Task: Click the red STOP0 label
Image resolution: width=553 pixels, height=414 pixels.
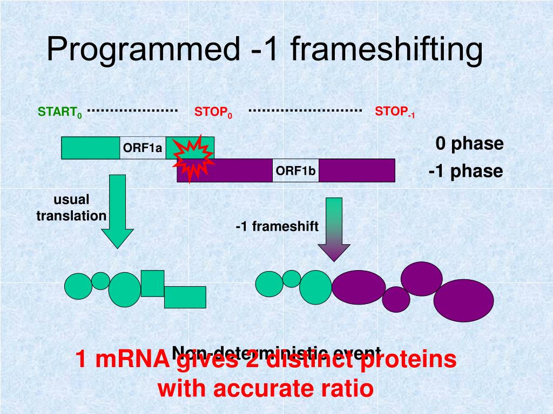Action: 213,113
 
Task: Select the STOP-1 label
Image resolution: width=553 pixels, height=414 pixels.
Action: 395,112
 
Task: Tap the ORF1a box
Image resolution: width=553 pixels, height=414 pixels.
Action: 143,148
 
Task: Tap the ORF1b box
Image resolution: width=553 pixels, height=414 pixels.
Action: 295,171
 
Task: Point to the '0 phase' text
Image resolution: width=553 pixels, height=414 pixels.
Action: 469,144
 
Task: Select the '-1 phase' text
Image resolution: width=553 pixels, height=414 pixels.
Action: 466,171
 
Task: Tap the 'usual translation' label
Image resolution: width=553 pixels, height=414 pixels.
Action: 71,208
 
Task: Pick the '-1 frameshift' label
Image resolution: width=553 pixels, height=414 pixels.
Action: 277,226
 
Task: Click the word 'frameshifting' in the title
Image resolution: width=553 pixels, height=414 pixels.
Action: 387,50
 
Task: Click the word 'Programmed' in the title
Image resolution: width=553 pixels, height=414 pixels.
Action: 143,50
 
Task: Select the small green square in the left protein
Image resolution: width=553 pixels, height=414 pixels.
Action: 152,283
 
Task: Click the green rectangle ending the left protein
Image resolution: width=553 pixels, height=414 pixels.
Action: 185,297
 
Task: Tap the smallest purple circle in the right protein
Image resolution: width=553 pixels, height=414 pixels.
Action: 396,299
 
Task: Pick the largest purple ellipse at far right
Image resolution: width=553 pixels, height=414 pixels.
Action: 463,301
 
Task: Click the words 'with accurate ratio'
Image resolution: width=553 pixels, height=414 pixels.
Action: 266,389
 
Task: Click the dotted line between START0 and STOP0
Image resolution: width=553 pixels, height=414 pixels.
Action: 133,110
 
